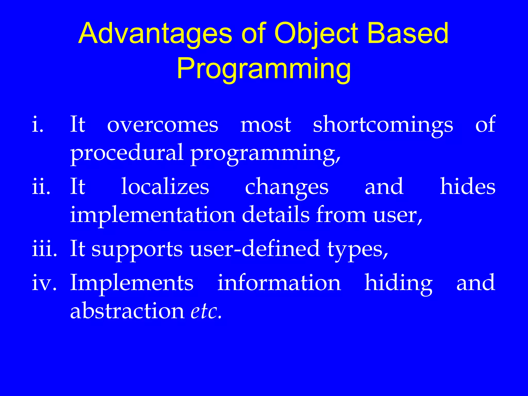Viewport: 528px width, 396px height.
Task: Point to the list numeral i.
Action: pos(38,125)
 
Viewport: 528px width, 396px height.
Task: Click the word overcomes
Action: pos(163,125)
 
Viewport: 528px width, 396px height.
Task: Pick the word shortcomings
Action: pos(383,125)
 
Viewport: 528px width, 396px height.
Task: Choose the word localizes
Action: pos(165,187)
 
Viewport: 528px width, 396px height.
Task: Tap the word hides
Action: pos(467,187)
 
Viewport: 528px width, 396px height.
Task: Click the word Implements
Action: pos(132,283)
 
